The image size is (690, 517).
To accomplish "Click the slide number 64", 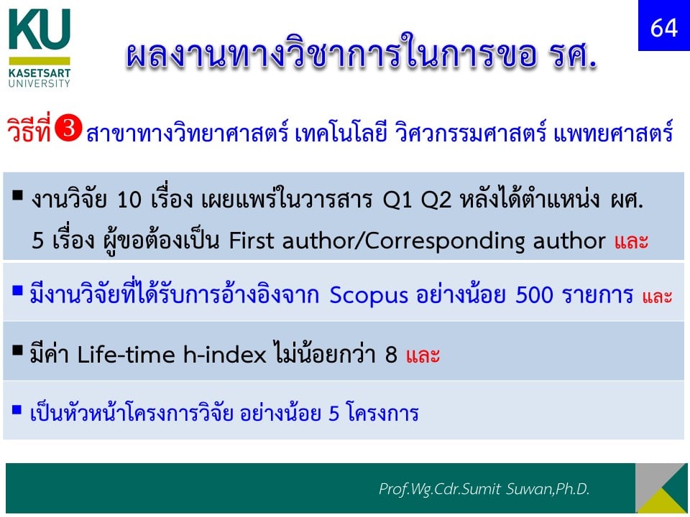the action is (x=663, y=28).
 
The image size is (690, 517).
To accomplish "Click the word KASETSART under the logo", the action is (x=39, y=73).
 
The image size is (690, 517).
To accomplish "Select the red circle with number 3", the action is (x=68, y=128).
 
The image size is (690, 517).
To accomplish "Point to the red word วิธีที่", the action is (x=29, y=129).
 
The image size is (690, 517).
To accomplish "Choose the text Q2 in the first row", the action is (x=436, y=201).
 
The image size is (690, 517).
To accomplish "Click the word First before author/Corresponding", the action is (x=251, y=241).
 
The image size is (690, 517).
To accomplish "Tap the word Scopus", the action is (x=369, y=295).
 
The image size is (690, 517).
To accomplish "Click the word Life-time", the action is (x=127, y=354).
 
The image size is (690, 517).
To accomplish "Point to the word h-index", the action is (x=224, y=354).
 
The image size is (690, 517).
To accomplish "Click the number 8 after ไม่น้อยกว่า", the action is (x=391, y=355).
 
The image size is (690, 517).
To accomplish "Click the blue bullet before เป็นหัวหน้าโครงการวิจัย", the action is (x=17, y=410).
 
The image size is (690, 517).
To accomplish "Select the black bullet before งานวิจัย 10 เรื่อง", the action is (x=17, y=195).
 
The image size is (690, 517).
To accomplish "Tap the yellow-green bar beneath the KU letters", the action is (x=39, y=60).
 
